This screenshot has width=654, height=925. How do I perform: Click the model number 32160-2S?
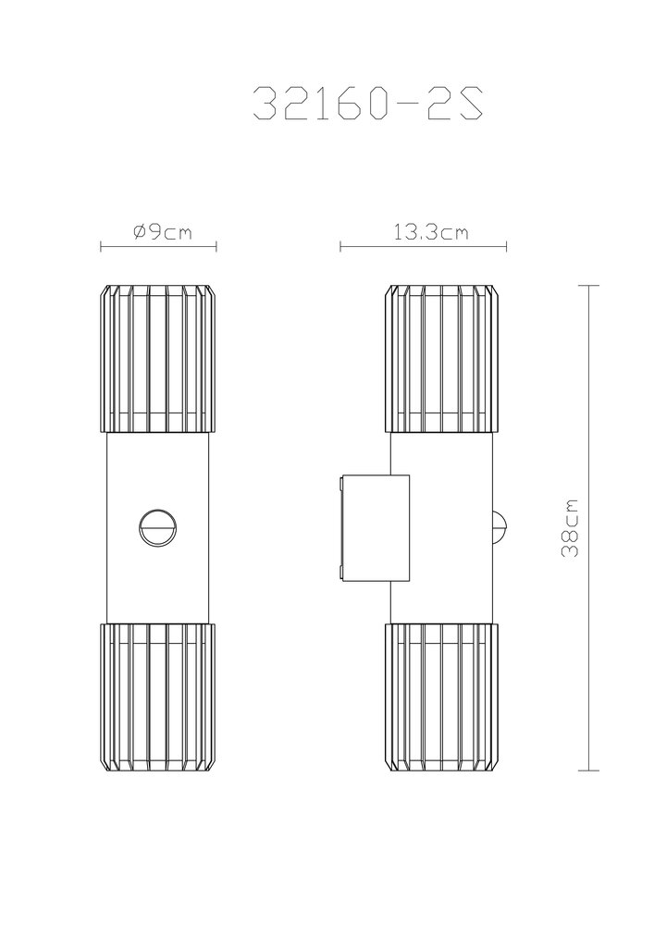click(368, 104)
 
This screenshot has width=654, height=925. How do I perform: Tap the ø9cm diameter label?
click(163, 231)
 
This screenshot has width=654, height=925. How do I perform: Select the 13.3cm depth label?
click(431, 232)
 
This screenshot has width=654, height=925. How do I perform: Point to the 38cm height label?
click(570, 528)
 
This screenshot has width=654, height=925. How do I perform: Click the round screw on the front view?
click(158, 527)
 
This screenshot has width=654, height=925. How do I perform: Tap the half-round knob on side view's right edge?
click(500, 527)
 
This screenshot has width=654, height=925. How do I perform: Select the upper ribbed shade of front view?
click(158, 360)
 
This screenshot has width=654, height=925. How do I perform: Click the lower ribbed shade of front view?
click(158, 697)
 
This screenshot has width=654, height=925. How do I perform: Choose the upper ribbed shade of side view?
click(443, 360)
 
